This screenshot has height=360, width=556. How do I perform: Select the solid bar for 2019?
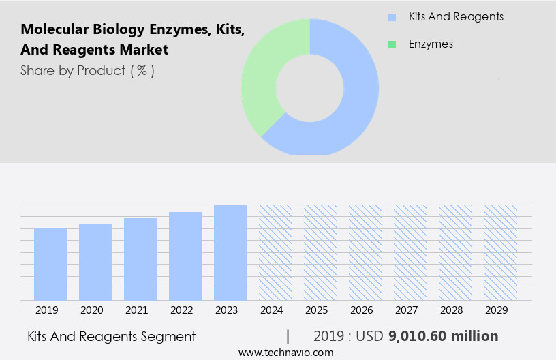pyautogui.click(x=50, y=265)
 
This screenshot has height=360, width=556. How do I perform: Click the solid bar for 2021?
pyautogui.click(x=140, y=259)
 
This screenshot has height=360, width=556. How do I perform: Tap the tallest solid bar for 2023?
pyautogui.click(x=230, y=252)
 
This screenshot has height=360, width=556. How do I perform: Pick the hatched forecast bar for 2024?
pyautogui.click(x=275, y=252)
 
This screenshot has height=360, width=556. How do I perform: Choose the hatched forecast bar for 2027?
pyautogui.click(x=410, y=252)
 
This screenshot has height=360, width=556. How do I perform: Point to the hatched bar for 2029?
pyautogui.click(x=500, y=252)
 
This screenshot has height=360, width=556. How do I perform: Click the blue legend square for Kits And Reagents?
pyautogui.click(x=392, y=17)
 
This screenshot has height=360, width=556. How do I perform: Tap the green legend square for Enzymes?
pyautogui.click(x=392, y=44)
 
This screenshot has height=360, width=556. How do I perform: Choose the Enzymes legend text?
pyautogui.click(x=431, y=44)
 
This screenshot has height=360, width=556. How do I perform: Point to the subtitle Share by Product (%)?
pyautogui.click(x=87, y=70)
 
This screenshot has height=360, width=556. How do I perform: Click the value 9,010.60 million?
pyautogui.click(x=443, y=336)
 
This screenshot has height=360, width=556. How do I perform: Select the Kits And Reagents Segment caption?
pyautogui.click(x=112, y=336)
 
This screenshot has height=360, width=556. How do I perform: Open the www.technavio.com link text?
pyautogui.click(x=286, y=352)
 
